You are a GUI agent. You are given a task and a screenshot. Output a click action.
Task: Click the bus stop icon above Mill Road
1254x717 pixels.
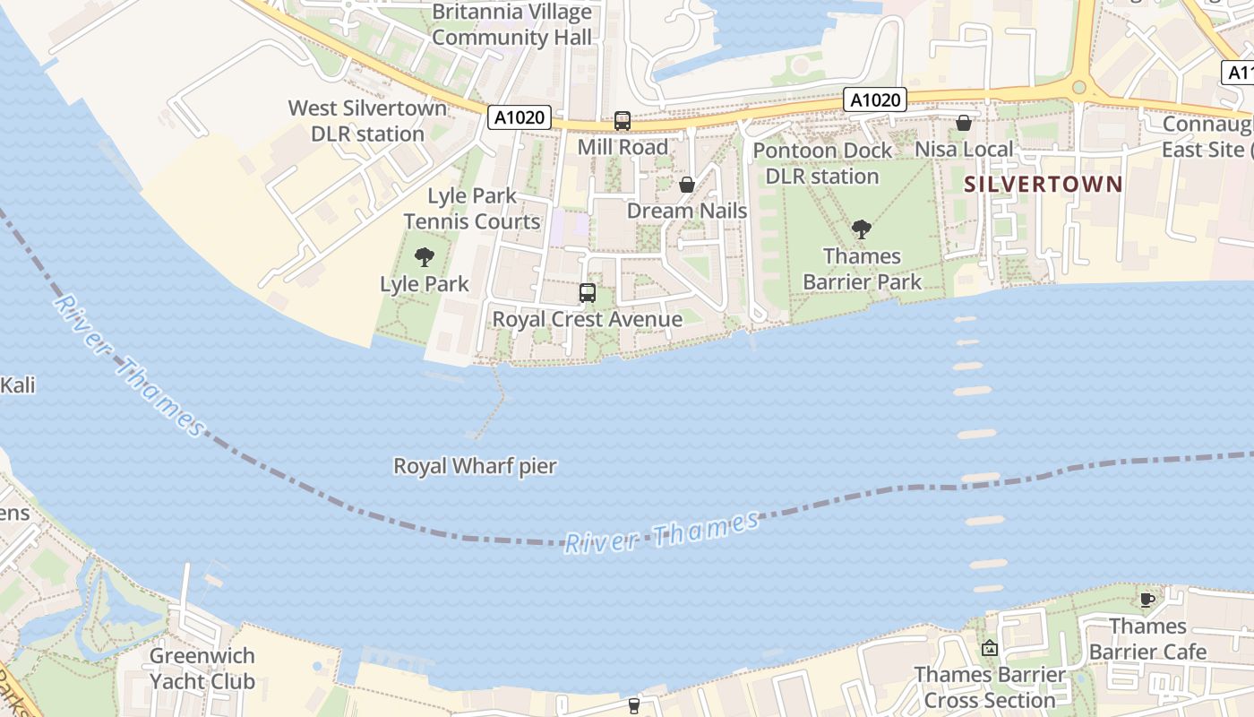pos(622,121)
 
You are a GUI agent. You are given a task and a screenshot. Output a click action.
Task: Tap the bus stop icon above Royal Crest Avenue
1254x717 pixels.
pos(588,293)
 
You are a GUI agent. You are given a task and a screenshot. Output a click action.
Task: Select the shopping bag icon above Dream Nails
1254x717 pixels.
pos(687,185)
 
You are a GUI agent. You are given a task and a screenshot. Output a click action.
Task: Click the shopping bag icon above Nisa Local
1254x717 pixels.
pos(964,123)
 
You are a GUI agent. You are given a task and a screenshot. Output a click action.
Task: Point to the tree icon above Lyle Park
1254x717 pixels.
pos(425,258)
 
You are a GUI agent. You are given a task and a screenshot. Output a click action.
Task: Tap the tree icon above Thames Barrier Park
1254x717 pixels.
pos(862,229)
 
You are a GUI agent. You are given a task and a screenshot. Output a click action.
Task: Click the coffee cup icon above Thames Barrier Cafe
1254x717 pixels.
pos(1147,600)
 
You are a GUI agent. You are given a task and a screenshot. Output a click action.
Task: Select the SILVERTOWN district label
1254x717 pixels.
pos(1044,185)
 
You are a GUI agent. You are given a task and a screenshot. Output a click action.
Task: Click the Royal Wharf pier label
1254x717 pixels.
pos(476,466)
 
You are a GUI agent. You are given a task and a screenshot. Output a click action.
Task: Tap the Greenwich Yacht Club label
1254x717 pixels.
pos(202,669)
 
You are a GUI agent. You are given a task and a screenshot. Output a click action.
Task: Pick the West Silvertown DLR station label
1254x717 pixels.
pos(367,121)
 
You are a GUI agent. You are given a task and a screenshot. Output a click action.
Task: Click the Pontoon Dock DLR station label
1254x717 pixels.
pos(822,163)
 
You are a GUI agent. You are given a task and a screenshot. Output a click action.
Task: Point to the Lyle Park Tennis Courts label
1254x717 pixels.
pos(472,209)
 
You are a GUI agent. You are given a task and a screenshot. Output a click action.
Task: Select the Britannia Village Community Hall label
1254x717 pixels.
pos(511,25)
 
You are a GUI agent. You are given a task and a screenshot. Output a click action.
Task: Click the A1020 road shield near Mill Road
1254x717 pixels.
pos(520,117)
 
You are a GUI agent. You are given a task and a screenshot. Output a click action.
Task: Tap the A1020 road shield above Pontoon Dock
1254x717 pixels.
pos(875,99)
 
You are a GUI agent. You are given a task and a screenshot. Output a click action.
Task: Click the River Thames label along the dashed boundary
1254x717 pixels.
pos(663,532)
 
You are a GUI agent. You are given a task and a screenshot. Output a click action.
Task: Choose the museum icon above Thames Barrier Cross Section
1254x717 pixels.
pos(990,648)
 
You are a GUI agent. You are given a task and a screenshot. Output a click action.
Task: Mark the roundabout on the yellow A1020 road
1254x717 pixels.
pos(1079,88)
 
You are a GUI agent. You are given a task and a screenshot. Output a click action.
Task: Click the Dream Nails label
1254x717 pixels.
pos(687,211)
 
